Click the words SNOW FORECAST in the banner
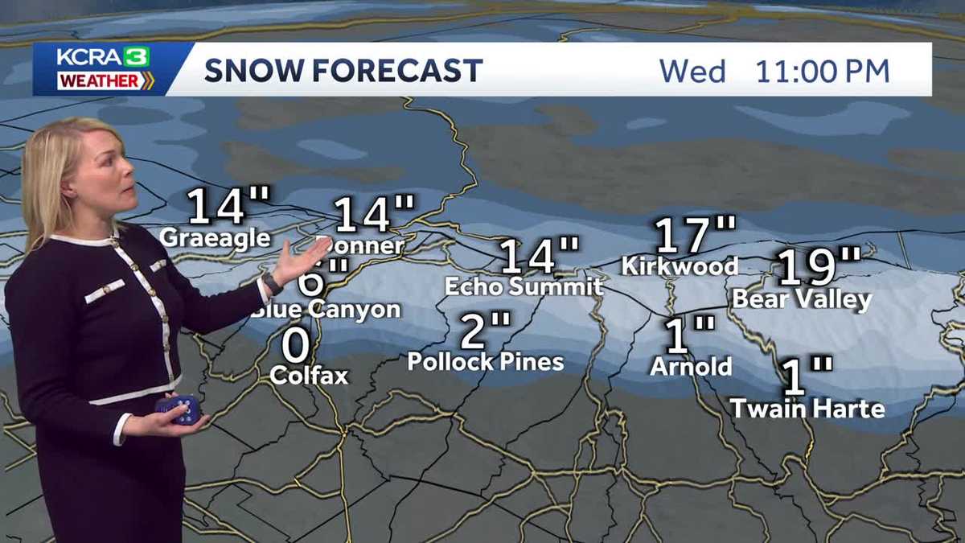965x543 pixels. (x=343, y=71)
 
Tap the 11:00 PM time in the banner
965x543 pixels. (x=822, y=71)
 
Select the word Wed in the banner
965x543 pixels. (x=692, y=71)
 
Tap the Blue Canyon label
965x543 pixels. (x=330, y=310)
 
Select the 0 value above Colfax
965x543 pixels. (x=296, y=346)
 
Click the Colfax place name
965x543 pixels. (x=309, y=375)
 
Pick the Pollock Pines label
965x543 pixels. (x=485, y=361)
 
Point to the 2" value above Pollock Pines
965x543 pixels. (x=485, y=331)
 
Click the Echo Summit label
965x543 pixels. (x=524, y=286)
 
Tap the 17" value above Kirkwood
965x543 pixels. (x=694, y=235)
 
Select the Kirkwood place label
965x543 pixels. (x=680, y=265)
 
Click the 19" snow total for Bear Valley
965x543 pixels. (x=819, y=268)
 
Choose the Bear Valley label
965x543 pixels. (x=802, y=300)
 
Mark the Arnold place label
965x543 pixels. (x=691, y=367)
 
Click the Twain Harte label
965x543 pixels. (x=807, y=408)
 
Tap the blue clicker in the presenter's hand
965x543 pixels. (x=179, y=409)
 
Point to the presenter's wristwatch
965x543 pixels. (x=271, y=283)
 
